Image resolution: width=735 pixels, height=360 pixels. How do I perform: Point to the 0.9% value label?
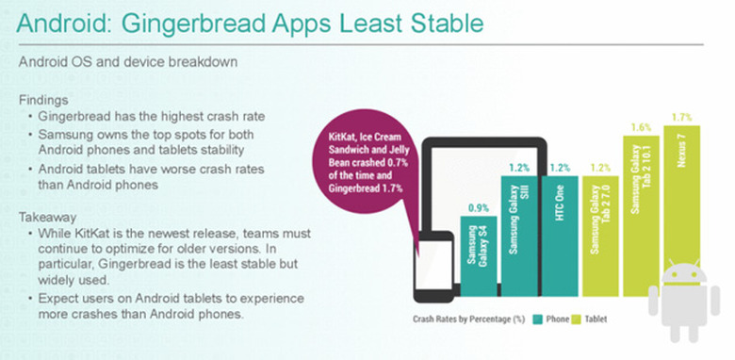coord(479,207)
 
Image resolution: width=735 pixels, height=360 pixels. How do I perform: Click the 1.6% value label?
coord(641,126)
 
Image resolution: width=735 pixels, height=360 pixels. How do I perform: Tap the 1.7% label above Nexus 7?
coord(682,117)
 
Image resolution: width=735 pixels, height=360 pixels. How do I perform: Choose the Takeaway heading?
coord(49,217)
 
